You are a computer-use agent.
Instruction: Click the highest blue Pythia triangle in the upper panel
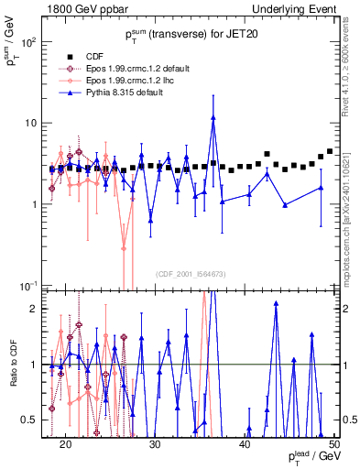pyautogui.click(x=213, y=117)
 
